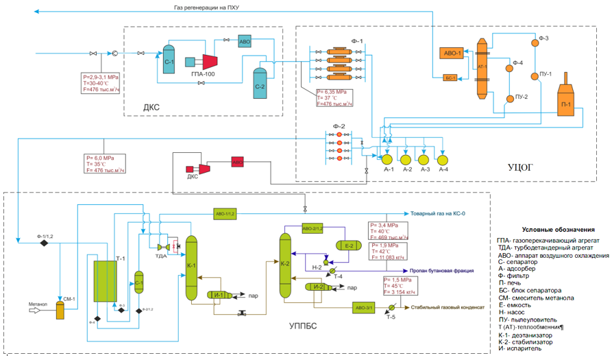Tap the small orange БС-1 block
(450, 77)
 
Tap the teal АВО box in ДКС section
(245, 41)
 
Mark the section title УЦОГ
(520, 167)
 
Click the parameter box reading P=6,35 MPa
(334, 98)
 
